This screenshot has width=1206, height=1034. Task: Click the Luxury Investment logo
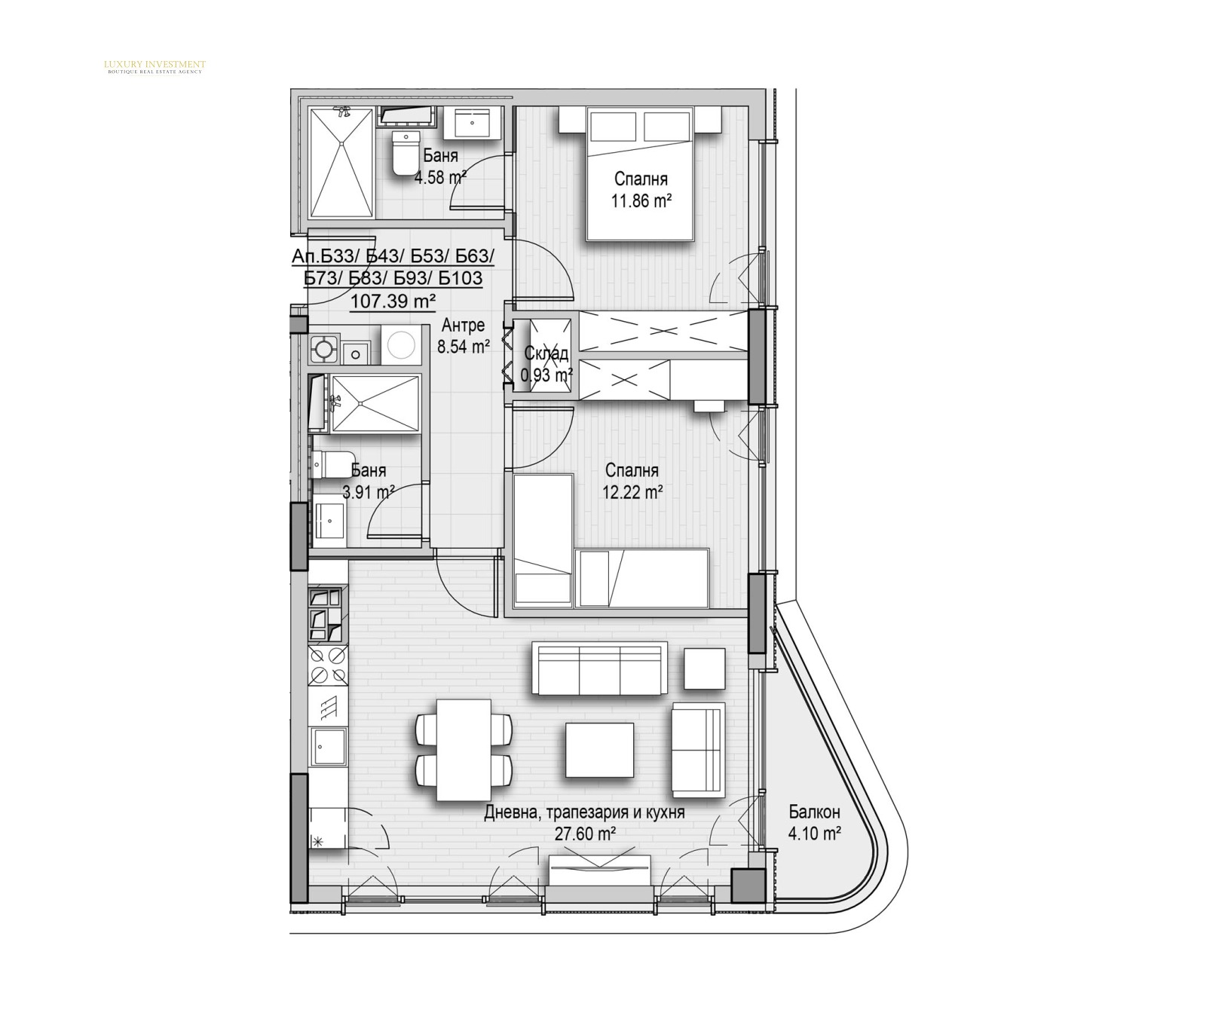(x=154, y=67)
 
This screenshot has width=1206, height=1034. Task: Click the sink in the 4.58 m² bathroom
(x=473, y=123)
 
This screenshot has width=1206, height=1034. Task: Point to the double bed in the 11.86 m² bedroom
(x=639, y=174)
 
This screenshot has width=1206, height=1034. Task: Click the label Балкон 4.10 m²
(x=814, y=822)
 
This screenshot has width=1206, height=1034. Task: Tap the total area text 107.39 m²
(x=393, y=301)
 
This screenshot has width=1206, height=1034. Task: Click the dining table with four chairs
(x=464, y=750)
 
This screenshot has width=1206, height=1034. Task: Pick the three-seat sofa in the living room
(x=599, y=668)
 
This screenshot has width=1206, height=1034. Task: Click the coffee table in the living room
(x=600, y=748)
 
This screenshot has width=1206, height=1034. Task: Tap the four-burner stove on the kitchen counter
(x=328, y=665)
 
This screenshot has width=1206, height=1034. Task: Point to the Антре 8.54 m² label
(x=464, y=336)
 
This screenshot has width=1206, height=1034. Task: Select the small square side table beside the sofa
(x=705, y=668)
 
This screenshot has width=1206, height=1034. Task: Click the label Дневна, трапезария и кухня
(x=584, y=813)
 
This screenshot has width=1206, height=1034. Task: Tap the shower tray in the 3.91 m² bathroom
(x=375, y=404)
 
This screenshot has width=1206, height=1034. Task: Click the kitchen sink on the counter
(x=329, y=746)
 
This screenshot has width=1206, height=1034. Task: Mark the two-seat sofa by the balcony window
(x=697, y=750)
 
